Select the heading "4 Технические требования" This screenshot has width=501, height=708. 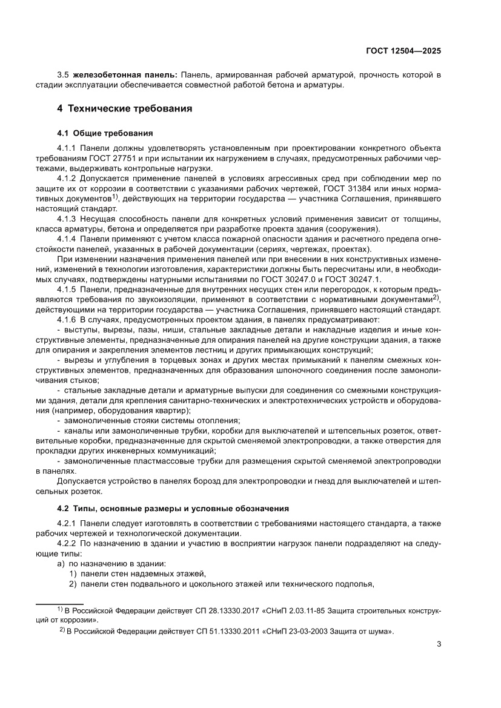click(124, 109)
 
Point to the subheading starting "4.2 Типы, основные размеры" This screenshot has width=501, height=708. click(173, 508)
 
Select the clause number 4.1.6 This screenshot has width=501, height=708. click(66, 319)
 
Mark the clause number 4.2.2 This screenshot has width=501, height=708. click(66, 544)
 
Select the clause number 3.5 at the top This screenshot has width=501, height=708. click(63, 74)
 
